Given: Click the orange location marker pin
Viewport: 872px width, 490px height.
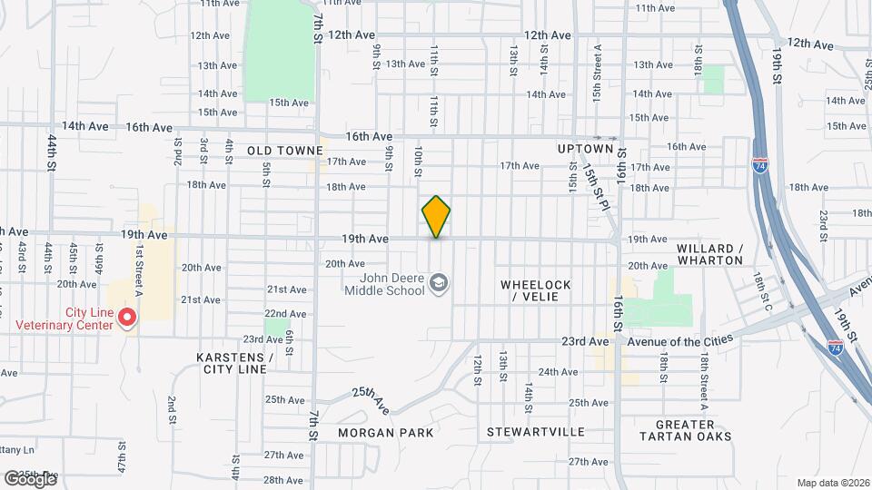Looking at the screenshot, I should click(436, 216).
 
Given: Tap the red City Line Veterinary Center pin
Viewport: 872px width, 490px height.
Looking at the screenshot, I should click(128, 317).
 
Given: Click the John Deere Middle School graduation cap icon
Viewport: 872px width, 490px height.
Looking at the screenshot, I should click(440, 284).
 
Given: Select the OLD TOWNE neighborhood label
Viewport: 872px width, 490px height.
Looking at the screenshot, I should click(285, 150).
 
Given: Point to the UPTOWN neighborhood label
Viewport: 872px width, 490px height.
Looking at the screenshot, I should click(586, 149).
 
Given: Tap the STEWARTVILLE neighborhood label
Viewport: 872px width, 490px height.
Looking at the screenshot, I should click(535, 432).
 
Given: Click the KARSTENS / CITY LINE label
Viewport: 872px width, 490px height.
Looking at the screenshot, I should click(234, 363).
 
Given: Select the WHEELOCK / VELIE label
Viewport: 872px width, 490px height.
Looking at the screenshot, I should click(536, 290).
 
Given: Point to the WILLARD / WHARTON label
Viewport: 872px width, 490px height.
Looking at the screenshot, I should click(710, 254).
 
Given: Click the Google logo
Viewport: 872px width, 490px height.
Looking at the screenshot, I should click(30, 478).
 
